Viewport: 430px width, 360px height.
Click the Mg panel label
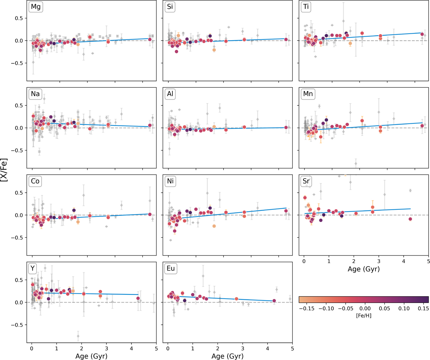(35, 7)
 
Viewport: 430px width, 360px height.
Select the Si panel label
(169, 7)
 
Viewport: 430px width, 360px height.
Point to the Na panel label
(35, 94)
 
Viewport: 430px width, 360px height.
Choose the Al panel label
(169, 94)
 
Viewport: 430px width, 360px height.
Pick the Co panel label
(35, 181)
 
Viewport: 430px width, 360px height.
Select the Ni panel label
(169, 181)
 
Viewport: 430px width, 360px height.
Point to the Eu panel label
(170, 269)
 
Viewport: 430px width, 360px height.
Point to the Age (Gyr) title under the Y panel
(92, 356)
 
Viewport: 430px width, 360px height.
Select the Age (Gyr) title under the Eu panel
(228, 356)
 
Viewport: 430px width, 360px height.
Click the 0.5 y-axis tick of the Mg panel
(19, 18)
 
